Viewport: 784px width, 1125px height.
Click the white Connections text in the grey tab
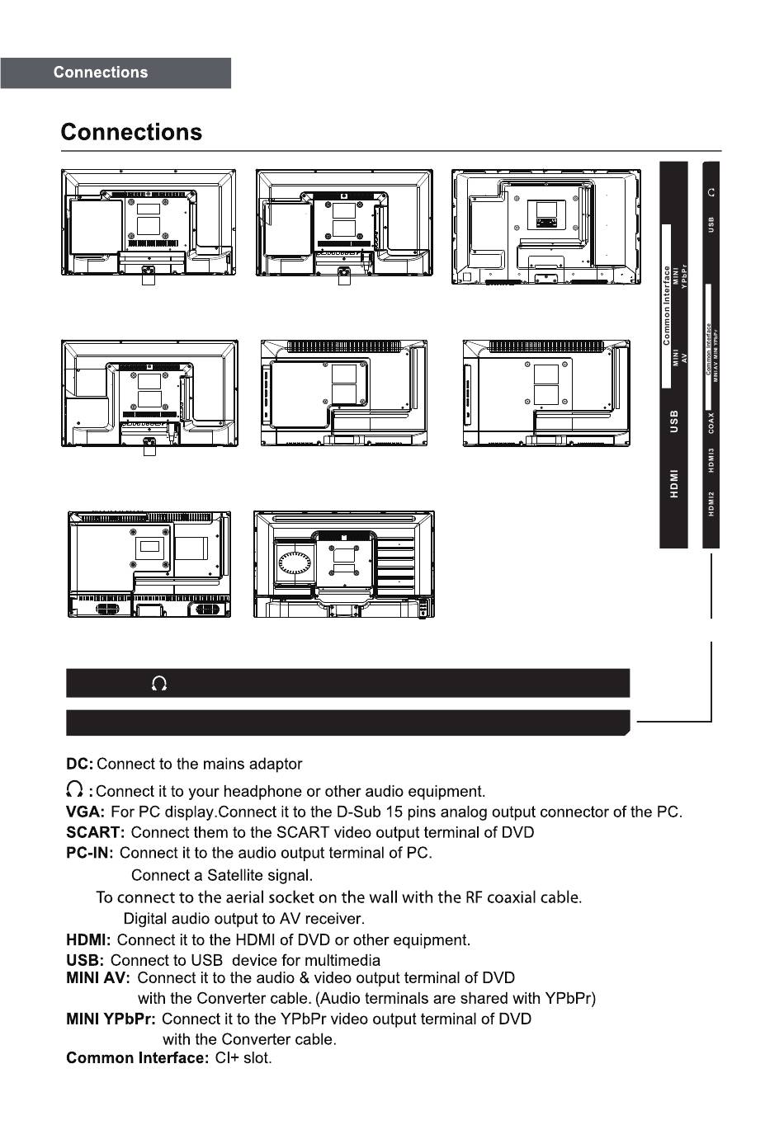point(101,73)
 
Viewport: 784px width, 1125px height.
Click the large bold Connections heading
point(131,133)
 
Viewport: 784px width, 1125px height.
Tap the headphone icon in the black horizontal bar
point(159,684)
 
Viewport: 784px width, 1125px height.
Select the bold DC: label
point(79,765)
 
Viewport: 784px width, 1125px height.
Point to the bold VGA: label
point(85,812)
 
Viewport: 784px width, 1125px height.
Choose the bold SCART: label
point(95,833)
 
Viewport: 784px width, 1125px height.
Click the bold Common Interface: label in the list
point(137,1058)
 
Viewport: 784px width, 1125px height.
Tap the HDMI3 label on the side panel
point(711,460)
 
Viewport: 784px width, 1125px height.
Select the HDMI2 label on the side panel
point(711,503)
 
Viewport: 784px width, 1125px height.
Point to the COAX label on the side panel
point(711,421)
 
